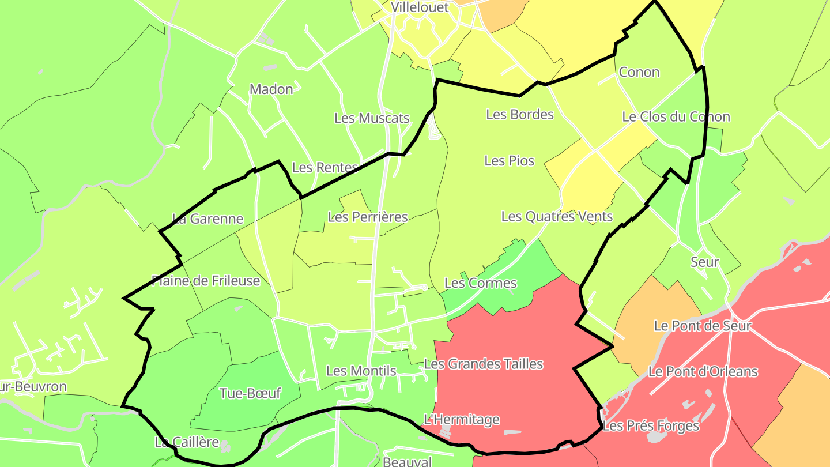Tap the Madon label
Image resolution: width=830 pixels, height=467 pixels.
click(271, 89)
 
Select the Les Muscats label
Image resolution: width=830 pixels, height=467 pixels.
click(372, 118)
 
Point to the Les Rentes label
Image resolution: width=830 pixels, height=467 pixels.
click(325, 167)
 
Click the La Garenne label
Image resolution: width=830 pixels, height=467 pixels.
click(208, 219)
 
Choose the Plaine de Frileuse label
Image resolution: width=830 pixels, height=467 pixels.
click(206, 281)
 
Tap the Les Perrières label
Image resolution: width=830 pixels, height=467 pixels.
click(368, 217)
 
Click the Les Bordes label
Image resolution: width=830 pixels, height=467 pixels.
click(520, 114)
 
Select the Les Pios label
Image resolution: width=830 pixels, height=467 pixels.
click(510, 161)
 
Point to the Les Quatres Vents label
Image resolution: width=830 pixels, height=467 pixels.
click(557, 216)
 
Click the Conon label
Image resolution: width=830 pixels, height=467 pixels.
click(639, 72)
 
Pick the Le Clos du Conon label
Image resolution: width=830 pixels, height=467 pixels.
click(676, 117)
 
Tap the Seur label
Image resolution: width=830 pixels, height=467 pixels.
click(704, 262)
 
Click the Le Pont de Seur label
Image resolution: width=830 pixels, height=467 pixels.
click(703, 326)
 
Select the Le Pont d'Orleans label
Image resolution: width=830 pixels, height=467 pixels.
click(703, 371)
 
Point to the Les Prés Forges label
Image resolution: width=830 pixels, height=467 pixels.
click(651, 426)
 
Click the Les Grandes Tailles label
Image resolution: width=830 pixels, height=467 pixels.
click(484, 364)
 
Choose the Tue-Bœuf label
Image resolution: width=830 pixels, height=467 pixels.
click(250, 393)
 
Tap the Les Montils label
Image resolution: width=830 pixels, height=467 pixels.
click(361, 371)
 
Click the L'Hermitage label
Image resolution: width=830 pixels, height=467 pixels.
click(461, 419)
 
